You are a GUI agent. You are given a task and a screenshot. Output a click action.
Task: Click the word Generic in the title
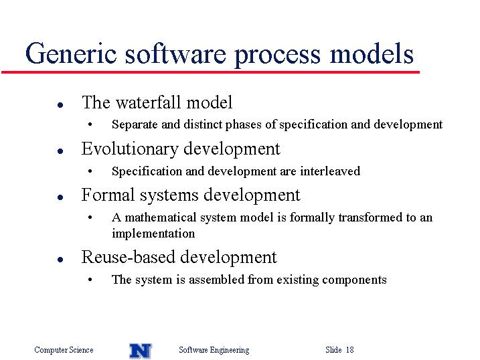[x=71, y=54]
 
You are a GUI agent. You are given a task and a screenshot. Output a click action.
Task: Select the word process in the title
[x=277, y=56]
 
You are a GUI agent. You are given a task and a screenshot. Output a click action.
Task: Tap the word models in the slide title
[x=372, y=54]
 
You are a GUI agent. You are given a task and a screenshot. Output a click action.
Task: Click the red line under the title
[x=210, y=72]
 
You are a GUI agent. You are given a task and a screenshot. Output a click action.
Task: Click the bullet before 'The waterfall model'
[x=60, y=105]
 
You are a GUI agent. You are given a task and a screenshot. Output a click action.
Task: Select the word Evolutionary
[x=130, y=149]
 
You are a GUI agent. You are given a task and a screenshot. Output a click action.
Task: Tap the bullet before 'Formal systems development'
[x=60, y=197]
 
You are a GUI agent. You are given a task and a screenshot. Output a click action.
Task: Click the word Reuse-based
[x=128, y=257]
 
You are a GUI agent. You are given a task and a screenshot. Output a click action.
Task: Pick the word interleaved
[x=330, y=171]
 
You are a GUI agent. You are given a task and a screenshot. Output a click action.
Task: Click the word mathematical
[x=161, y=217]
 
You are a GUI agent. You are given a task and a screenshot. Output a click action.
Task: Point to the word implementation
[x=153, y=234]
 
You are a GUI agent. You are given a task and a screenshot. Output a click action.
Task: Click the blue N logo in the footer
[x=141, y=351]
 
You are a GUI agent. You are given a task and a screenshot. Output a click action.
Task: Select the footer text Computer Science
[x=64, y=350]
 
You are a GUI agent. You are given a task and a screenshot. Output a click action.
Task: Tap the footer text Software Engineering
[x=214, y=350]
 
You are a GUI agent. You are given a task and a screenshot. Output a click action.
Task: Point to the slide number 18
[x=350, y=349]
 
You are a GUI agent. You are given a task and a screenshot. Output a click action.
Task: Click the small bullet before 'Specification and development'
[x=90, y=171]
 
